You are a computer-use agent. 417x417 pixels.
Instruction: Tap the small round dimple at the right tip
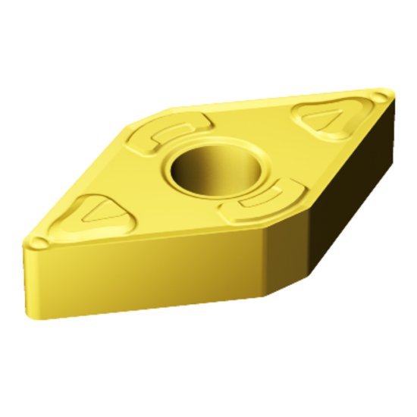(380, 96)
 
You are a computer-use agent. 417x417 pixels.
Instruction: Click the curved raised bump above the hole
(168, 133)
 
